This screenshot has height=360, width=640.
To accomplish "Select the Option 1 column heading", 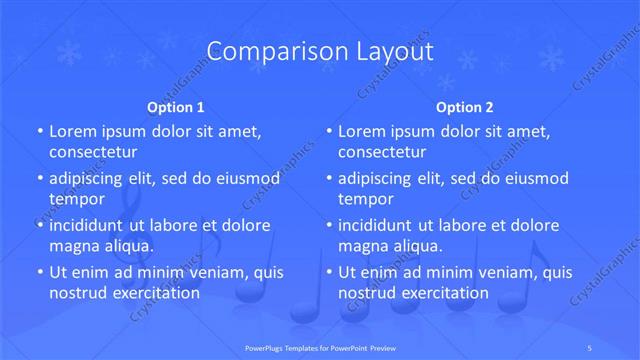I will [x=176, y=106].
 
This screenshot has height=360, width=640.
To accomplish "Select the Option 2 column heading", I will [x=465, y=106].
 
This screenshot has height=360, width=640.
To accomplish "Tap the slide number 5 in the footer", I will [x=590, y=345].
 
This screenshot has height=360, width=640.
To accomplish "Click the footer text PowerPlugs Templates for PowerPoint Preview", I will [x=320, y=345].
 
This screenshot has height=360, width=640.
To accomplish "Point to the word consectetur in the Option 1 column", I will [x=93, y=153].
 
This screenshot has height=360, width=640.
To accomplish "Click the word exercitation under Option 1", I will [x=152, y=293].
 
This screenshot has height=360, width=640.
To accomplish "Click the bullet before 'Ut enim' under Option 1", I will [x=40, y=272].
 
